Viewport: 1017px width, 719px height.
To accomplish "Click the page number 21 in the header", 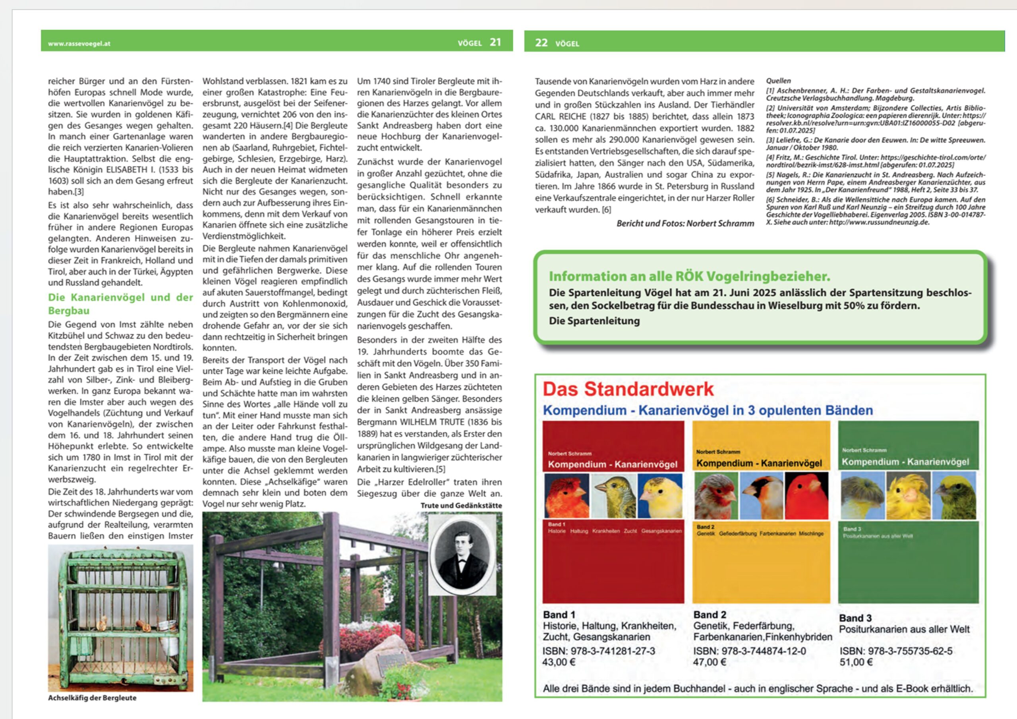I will click(x=495, y=43).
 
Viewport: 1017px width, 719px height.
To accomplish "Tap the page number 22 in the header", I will click(x=541, y=43).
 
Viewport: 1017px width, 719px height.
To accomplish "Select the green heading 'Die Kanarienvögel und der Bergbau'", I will click(x=120, y=303).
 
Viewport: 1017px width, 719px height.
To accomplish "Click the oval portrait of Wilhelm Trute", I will click(x=462, y=554).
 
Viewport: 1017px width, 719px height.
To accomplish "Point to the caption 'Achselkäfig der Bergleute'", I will click(x=92, y=698).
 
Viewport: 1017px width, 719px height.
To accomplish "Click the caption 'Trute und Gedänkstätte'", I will click(x=461, y=505).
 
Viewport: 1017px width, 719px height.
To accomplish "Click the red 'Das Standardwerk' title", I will click(x=628, y=389).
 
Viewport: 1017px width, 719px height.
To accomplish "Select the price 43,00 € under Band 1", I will click(x=559, y=662).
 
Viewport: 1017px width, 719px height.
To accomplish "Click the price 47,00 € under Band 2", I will click(x=710, y=662).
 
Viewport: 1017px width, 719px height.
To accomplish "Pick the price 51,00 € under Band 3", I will click(x=856, y=662).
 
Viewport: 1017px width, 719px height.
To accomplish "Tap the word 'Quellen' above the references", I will click(x=778, y=81).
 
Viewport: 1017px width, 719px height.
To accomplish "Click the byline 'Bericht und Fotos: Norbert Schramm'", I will click(x=685, y=223).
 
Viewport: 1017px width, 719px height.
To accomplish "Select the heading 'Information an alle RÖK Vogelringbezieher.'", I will click(x=689, y=276).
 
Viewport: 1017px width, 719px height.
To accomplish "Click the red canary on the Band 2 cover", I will click(x=806, y=496).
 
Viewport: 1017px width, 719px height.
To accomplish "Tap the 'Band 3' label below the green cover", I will click(x=855, y=618).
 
